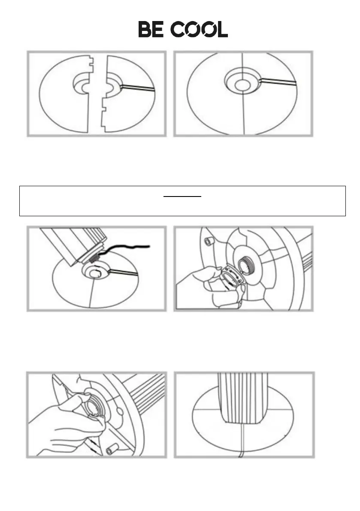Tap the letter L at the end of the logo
click(x=223, y=29)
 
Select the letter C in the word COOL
click(x=178, y=29)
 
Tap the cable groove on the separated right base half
click(x=137, y=88)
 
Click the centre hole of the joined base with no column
click(x=242, y=85)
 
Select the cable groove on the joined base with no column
click(x=278, y=81)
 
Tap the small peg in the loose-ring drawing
click(x=208, y=242)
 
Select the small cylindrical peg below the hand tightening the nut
click(x=112, y=450)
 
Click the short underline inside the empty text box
click(x=182, y=197)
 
